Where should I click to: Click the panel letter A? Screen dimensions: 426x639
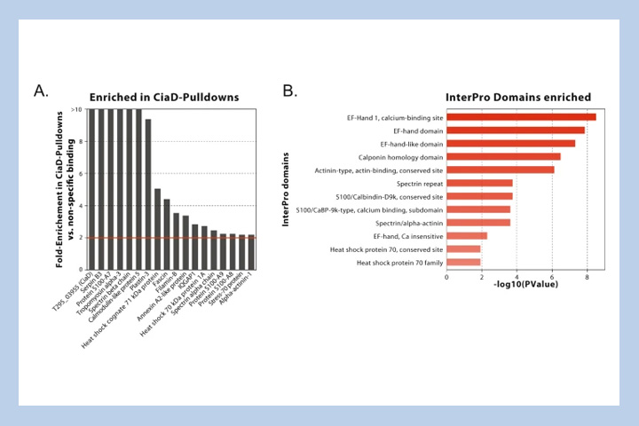41,91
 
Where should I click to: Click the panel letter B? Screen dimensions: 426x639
289,91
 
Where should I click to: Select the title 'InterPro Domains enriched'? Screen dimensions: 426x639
518,97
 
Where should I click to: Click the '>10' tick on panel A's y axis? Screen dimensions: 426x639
76,109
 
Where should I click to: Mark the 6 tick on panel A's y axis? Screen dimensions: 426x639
80,174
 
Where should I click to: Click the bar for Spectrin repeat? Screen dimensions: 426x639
479,183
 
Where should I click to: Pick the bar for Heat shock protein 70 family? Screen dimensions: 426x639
463,262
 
